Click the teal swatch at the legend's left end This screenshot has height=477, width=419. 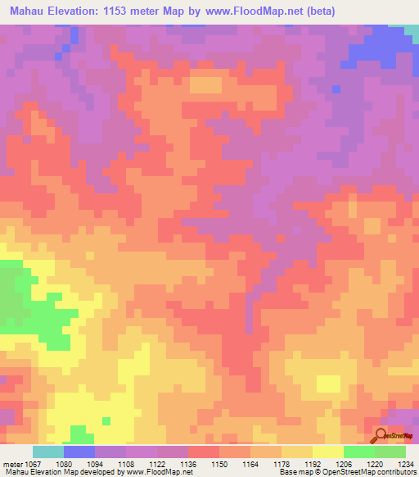[48, 452]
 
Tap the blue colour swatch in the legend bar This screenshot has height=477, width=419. [79, 452]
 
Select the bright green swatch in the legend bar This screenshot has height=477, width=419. [358, 452]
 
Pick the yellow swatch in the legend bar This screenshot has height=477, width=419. [327, 452]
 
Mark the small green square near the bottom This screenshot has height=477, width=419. [106, 421]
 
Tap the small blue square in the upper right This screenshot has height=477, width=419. [336, 89]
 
